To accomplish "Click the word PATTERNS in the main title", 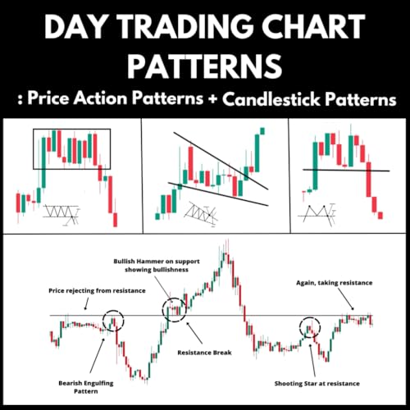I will (205, 63).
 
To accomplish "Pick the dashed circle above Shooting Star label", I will (310, 327).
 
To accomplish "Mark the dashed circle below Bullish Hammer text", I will (176, 309).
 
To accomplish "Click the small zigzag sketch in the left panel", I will (61, 214).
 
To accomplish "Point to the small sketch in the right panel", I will (321, 215).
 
